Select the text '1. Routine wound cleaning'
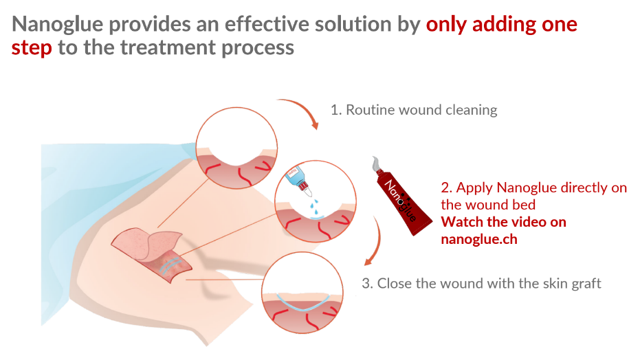(414, 110)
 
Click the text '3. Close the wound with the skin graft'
(481, 283)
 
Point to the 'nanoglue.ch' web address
(479, 239)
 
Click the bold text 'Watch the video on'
(504, 222)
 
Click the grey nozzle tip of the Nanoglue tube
(375, 164)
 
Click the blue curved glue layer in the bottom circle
(303, 308)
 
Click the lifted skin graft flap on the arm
(147, 243)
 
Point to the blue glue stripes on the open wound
(170, 265)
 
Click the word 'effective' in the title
(267, 25)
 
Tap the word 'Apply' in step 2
(474, 188)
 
